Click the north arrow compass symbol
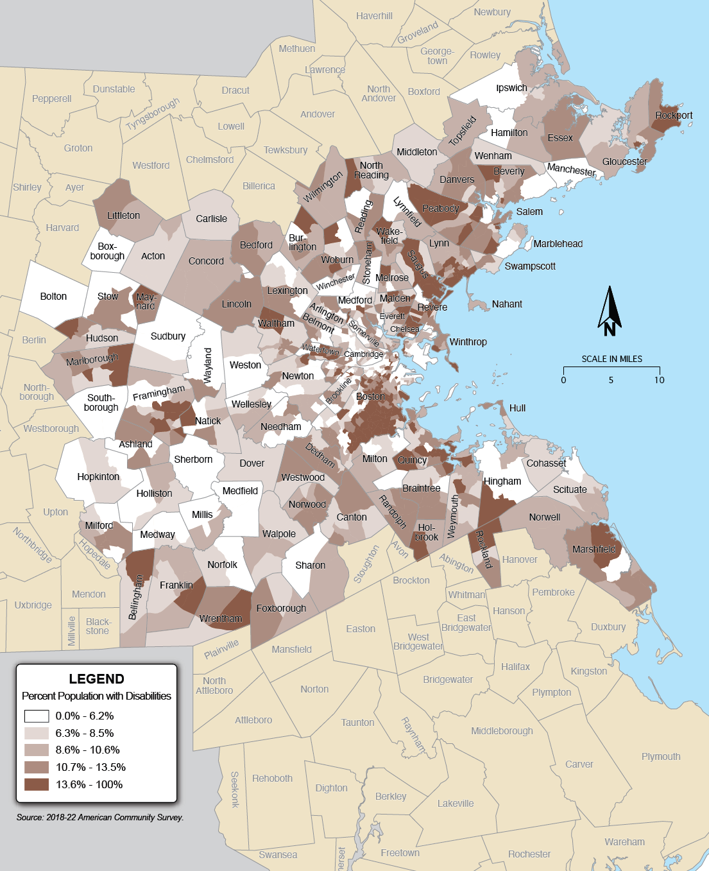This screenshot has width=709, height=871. coord(610,312)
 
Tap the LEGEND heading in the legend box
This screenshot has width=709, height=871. coord(96,679)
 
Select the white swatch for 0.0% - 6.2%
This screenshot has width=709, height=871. coord(37,716)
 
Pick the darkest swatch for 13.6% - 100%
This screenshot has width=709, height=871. coord(37,784)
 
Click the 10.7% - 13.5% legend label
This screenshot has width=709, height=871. coord(90,767)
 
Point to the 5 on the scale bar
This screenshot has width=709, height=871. coord(611,380)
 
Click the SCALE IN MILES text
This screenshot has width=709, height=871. coord(611,359)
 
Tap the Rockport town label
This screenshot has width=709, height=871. coord(674,116)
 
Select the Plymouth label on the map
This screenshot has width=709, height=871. coord(661,757)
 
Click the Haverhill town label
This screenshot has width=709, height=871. coord(374,16)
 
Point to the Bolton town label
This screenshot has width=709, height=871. coord(53,297)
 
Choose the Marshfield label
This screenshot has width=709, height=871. coord(594,549)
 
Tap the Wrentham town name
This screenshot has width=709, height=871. coord(221,619)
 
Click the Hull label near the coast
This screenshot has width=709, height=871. coord(517,408)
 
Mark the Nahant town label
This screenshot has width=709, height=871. coord(507,304)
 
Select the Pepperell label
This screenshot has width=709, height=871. coord(52,99)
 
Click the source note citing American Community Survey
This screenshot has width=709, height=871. coord(100,818)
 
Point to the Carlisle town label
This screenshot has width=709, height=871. coord(212,219)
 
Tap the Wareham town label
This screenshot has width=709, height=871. coord(624,842)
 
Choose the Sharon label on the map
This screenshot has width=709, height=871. coord(310,565)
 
